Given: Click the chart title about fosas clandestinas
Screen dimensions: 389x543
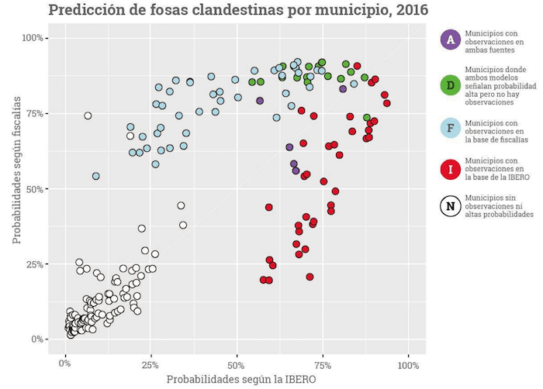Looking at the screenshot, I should [x=237, y=11].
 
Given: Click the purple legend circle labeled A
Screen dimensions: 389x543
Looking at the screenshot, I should [x=448, y=40].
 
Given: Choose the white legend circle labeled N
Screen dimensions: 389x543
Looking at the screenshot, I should [x=448, y=207].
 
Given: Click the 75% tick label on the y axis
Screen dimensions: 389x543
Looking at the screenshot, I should [x=38, y=113].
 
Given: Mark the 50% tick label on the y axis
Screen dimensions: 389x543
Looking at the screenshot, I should [x=38, y=188].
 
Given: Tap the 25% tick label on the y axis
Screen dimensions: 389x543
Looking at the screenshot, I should [x=38, y=264].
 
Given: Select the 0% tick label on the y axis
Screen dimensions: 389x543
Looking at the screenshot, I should [x=40, y=339].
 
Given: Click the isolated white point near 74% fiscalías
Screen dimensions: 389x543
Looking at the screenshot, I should [x=88, y=115].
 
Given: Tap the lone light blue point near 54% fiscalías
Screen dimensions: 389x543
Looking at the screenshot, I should [x=96, y=176].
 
